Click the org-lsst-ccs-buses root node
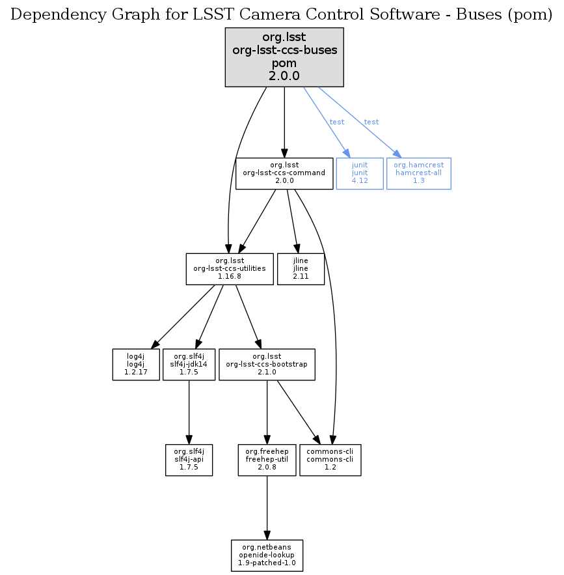[284, 57]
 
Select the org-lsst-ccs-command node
[284, 174]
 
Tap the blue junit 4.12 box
[360, 174]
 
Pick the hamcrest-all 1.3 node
[418, 174]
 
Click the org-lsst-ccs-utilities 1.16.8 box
[230, 269]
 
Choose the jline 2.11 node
[301, 269]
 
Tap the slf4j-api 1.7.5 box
[189, 460]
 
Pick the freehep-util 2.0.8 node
[267, 460]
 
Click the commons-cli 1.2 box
[330, 460]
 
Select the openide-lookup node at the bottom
[267, 555]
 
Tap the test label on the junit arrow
[337, 122]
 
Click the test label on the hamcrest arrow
[371, 122]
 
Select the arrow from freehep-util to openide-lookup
[267, 507]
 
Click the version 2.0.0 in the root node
[284, 76]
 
